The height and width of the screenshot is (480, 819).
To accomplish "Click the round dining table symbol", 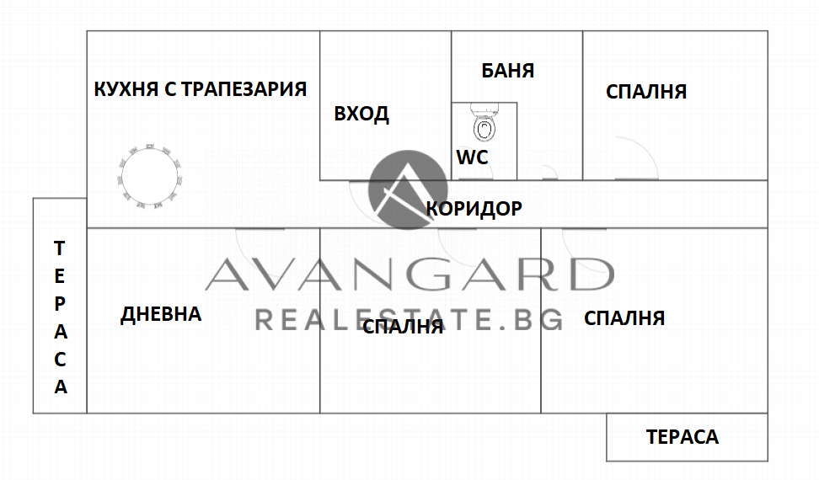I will pos(150,174).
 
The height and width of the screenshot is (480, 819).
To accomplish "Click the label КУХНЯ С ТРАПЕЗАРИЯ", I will pos(200,89).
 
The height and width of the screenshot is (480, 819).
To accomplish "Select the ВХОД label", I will pos(361,115).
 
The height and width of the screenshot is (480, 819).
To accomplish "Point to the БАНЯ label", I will pos(508,71).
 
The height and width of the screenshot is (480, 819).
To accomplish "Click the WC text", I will pos(472,157).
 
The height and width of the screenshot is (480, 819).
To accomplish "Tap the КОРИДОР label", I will pos(474,208).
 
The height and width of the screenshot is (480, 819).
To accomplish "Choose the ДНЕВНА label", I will pos(161,315).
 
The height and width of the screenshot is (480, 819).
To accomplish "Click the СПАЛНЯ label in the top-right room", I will pos(646,92).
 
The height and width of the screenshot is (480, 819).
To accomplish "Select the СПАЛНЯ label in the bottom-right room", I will pos(624,318).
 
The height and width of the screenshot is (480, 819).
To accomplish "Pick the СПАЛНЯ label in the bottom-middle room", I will pos(403,328).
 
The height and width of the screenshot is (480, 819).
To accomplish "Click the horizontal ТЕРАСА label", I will pos(682,437).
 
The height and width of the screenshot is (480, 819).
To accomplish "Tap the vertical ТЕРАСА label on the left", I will pos(60,317).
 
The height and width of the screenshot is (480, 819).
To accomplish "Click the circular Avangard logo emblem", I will pos(408,189).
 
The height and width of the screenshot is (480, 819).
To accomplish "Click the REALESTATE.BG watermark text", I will pos(409,319).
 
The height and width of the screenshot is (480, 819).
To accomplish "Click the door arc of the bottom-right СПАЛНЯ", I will pos(581,244).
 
